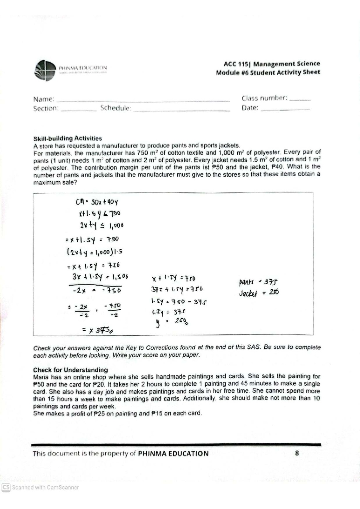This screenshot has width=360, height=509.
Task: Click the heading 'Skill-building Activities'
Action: point(67,138)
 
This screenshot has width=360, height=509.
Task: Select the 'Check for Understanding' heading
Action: point(70,370)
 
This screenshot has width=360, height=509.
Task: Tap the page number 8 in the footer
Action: point(297,453)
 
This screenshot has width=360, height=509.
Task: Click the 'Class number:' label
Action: point(264,98)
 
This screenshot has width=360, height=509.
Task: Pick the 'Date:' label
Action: point(250,108)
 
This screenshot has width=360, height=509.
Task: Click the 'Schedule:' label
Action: point(116,108)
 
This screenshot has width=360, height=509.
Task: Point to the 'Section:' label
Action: point(46,109)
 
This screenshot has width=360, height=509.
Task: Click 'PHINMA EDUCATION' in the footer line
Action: point(173,454)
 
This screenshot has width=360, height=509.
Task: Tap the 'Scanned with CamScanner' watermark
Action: point(40,487)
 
